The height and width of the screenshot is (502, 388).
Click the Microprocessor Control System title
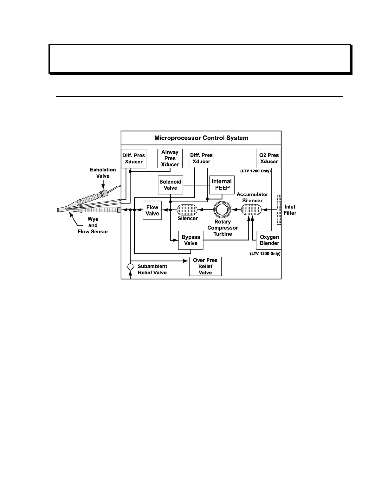(x=201, y=138)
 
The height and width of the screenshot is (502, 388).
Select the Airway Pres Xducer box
(x=170, y=158)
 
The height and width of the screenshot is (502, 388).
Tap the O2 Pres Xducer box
(x=269, y=158)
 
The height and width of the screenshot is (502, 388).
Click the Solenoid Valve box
(x=171, y=185)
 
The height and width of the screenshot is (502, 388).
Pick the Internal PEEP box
(x=222, y=184)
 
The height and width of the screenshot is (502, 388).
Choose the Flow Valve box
(x=152, y=210)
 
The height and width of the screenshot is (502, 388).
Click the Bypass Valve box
(x=191, y=240)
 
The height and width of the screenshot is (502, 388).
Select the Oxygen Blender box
(x=269, y=240)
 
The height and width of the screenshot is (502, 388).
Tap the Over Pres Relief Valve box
(x=205, y=267)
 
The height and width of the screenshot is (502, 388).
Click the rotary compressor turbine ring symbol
(x=222, y=209)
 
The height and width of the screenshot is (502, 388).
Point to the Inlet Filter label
(x=290, y=210)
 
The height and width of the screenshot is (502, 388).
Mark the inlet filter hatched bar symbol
(x=279, y=209)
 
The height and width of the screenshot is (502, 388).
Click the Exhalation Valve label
(x=103, y=173)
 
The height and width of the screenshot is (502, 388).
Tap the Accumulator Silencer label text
(x=252, y=197)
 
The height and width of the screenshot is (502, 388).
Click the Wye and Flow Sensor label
(x=93, y=225)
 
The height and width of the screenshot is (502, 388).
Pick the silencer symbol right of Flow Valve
(x=187, y=209)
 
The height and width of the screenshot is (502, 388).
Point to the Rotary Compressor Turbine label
(x=223, y=228)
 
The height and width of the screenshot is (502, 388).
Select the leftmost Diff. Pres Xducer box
(x=133, y=158)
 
